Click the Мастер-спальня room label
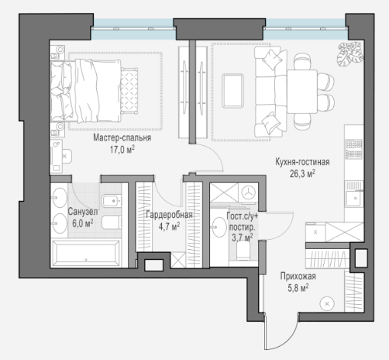(122, 138)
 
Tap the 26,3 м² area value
(302, 174)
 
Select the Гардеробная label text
(169, 215)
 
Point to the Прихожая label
(298, 276)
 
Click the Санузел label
(83, 212)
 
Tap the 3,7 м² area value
(242, 237)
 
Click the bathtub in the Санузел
(86, 253)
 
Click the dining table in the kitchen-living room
(301, 92)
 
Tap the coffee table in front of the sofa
(232, 91)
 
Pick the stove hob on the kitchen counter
(354, 149)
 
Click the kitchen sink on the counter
(355, 198)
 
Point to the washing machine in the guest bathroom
(249, 192)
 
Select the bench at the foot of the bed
(129, 91)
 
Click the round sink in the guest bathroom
(219, 227)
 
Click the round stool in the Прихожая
(327, 304)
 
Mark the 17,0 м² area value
(122, 150)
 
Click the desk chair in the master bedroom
(66, 156)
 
